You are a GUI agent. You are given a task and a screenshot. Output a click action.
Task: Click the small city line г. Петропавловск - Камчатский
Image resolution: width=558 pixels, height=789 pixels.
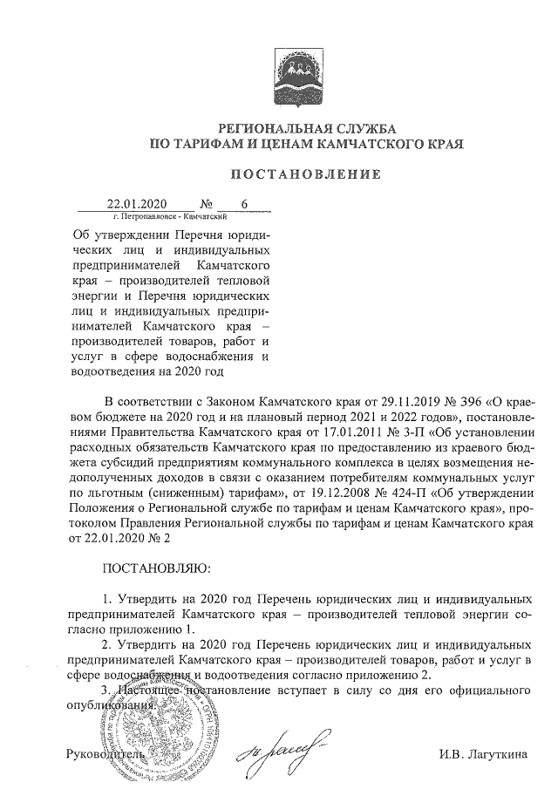point(171,214)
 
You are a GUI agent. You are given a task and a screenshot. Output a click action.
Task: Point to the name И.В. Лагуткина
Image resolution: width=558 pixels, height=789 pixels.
point(484,752)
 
